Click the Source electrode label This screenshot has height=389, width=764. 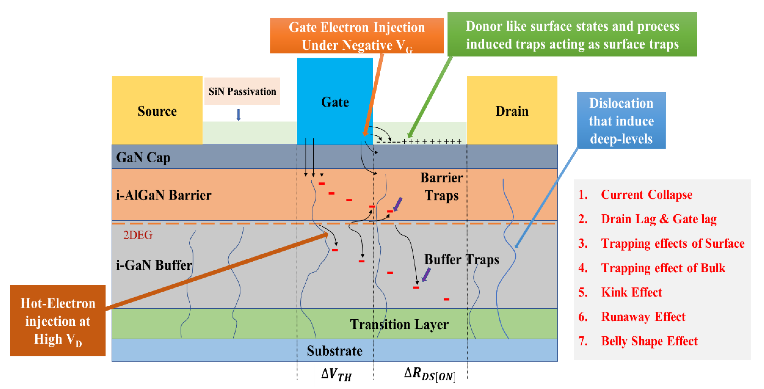tap(157, 111)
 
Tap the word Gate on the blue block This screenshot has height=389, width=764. tap(335, 102)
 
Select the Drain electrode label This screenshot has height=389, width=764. tap(512, 111)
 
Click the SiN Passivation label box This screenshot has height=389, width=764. tap(242, 91)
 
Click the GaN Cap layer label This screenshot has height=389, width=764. tap(143, 158)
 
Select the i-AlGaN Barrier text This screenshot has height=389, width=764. tap(164, 195)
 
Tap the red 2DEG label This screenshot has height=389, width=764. tap(138, 235)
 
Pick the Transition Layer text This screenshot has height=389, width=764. tap(399, 324)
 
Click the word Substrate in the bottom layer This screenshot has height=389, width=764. tap(334, 351)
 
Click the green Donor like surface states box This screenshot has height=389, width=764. tap(572, 34)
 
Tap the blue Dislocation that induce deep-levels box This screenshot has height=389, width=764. tap(621, 120)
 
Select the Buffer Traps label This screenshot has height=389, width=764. tap(461, 259)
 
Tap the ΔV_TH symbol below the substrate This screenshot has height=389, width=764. tap(336, 374)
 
